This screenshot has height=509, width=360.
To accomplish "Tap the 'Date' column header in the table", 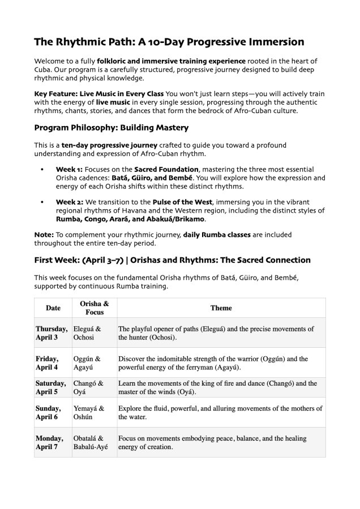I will point(53,308).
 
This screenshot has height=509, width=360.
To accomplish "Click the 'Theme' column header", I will point(221,308).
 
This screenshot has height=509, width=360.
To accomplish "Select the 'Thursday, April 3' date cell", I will point(52,333).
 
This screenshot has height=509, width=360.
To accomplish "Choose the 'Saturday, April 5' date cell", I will point(52,387).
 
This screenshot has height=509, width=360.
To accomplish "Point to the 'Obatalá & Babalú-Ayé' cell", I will point(91,442).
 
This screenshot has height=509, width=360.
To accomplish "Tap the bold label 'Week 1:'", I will point(69,169).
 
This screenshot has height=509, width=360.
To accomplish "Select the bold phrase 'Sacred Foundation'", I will point(166,169).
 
